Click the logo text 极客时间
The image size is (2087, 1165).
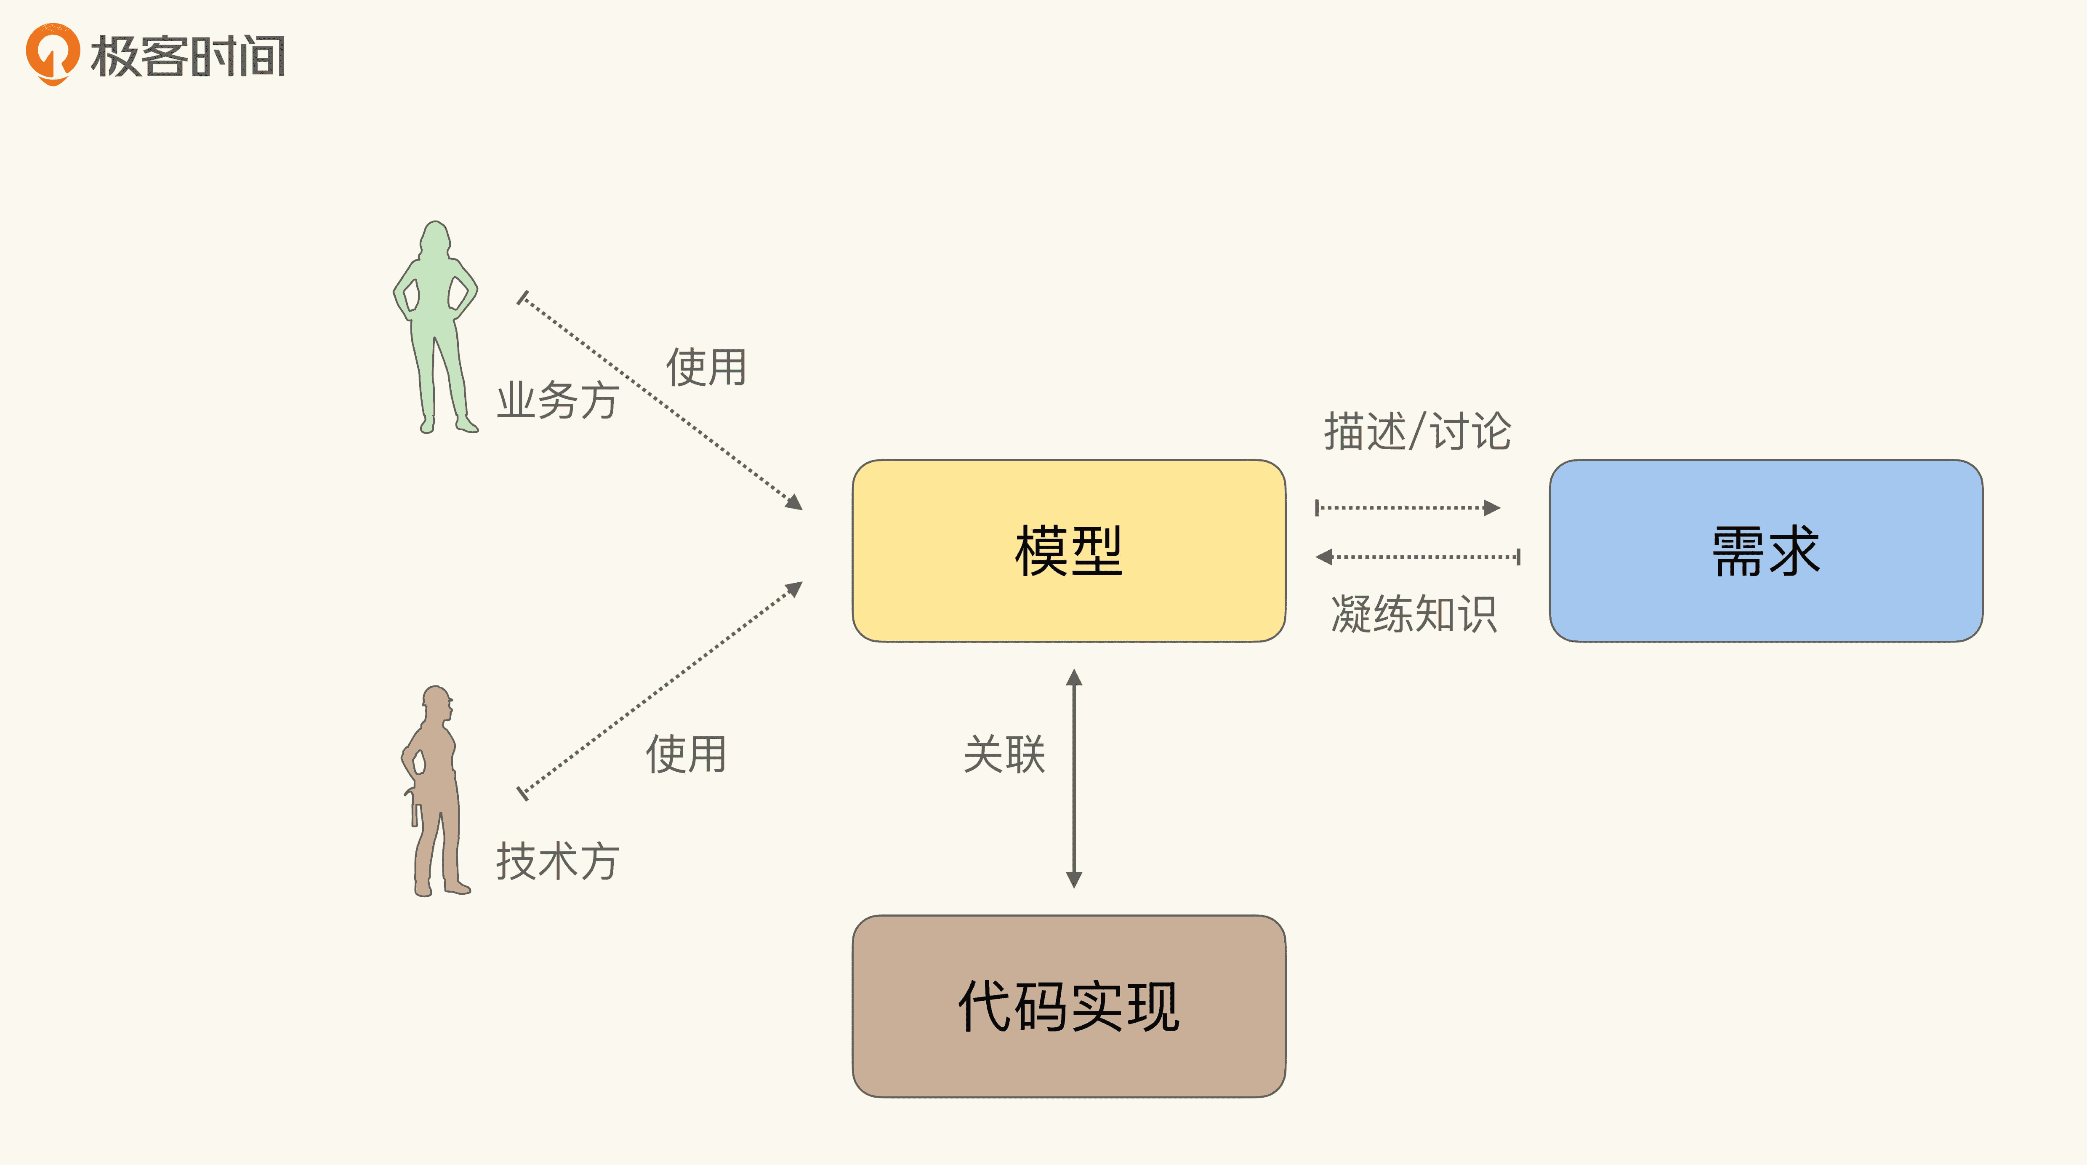188,57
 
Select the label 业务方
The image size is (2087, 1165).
557,400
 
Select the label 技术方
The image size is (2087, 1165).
557,861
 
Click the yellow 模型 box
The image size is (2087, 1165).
1069,551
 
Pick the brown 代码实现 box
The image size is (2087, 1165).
1069,1006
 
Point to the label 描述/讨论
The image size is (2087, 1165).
1417,431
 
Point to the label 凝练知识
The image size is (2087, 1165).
1414,614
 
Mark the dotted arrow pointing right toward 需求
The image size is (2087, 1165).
1407,508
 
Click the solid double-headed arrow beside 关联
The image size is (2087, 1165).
1074,778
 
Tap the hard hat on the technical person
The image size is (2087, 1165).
436,695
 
